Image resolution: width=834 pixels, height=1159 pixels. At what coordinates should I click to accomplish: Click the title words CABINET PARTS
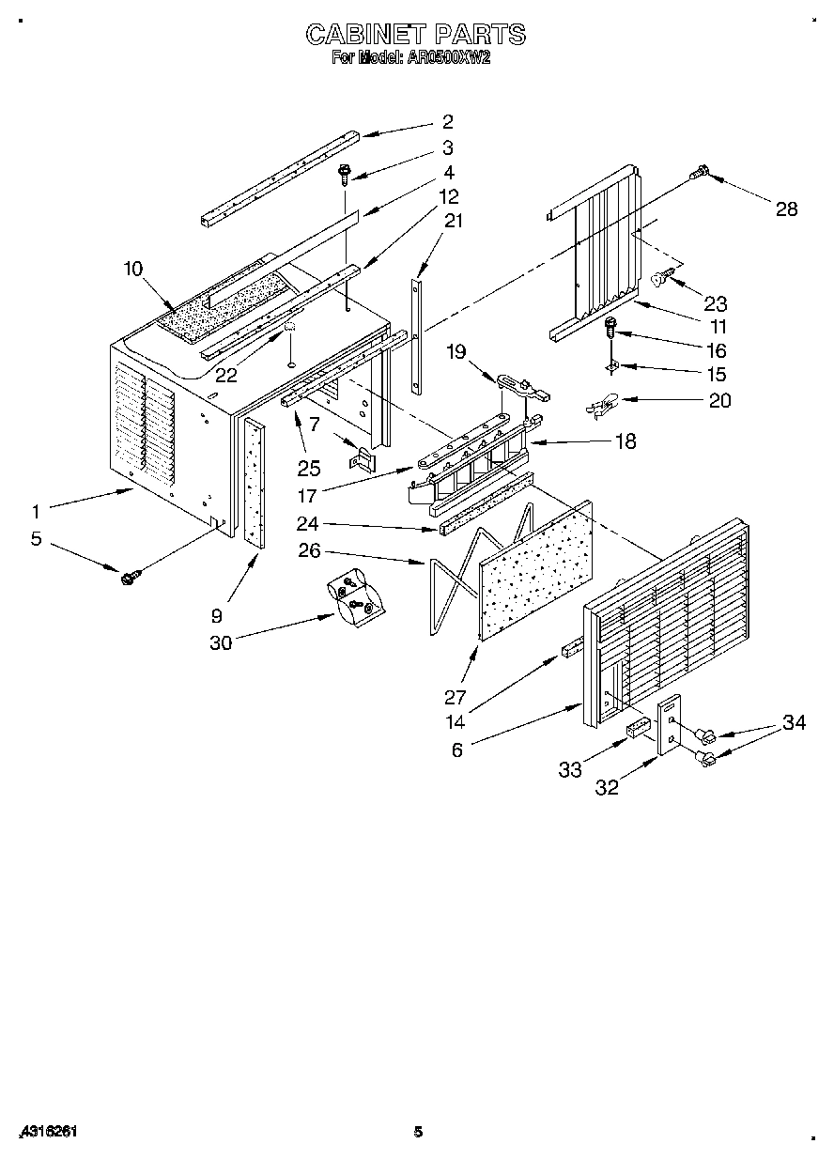click(x=416, y=36)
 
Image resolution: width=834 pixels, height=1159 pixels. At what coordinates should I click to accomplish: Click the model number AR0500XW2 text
click(x=448, y=57)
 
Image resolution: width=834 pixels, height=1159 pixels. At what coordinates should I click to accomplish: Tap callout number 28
click(x=786, y=209)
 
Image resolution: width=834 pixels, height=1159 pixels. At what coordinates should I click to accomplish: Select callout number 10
click(x=131, y=270)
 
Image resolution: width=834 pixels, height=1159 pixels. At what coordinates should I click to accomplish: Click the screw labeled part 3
click(x=345, y=174)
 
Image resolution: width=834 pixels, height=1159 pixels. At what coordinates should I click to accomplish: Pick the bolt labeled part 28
click(x=701, y=172)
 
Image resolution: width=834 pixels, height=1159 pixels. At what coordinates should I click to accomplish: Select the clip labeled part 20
click(x=598, y=406)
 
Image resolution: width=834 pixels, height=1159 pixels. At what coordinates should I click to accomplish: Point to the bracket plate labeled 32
click(x=671, y=724)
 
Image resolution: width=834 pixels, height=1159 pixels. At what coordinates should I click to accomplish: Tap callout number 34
click(x=795, y=723)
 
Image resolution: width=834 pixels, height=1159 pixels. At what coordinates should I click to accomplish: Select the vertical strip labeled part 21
click(x=417, y=329)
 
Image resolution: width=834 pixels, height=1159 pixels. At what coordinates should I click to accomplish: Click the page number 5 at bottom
click(x=419, y=1132)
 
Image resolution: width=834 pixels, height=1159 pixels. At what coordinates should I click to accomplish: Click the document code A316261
click(x=46, y=1132)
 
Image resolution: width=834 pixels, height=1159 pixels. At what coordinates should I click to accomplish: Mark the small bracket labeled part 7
click(x=362, y=458)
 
